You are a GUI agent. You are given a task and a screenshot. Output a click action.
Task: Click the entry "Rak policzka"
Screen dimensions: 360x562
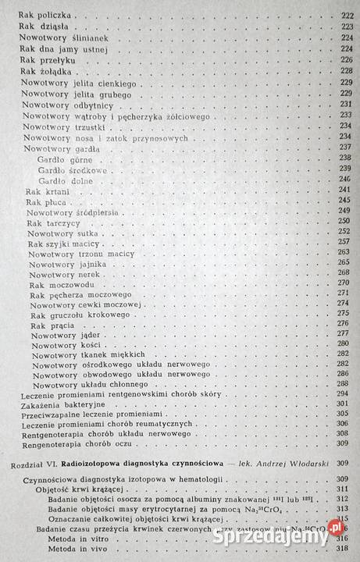[x=45, y=16]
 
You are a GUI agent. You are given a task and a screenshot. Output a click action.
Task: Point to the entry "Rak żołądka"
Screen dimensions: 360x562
[x=46, y=71]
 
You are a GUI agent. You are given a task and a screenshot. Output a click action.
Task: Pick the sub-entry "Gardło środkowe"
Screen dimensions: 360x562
[x=66, y=168]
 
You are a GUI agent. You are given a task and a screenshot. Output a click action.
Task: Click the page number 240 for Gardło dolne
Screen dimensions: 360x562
[x=344, y=179]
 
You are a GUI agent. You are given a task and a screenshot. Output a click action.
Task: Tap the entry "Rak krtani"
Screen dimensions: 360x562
[x=47, y=190]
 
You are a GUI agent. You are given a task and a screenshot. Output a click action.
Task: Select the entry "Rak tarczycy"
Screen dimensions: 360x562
[x=51, y=222]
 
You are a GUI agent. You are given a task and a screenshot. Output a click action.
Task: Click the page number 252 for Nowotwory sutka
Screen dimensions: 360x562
[x=344, y=233]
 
